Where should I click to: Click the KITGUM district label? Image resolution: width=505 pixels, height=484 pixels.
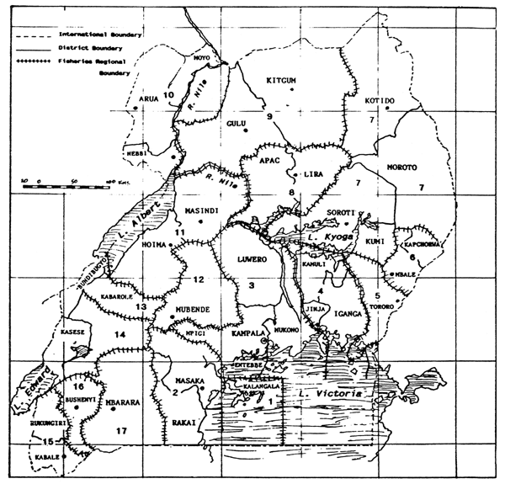[x=282, y=82]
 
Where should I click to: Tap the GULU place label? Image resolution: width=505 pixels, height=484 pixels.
[x=237, y=125]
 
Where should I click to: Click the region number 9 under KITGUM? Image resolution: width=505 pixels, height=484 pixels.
[x=270, y=116]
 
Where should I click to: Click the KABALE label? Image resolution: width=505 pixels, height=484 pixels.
[x=48, y=457]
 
